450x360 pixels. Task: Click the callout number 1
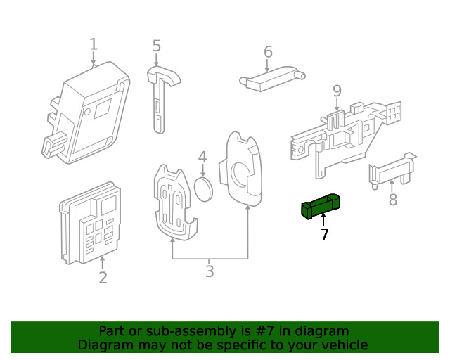(94, 45)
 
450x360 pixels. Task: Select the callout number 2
(103, 278)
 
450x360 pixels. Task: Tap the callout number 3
(210, 271)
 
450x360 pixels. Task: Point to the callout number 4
(202, 157)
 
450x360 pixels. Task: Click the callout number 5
(156, 46)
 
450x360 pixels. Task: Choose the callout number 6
(268, 52)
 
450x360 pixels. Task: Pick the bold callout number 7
(324, 235)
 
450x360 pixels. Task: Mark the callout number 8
(392, 200)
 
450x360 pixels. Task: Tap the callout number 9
(337, 91)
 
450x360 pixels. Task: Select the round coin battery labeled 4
(203, 188)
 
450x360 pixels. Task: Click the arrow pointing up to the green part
(323, 220)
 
